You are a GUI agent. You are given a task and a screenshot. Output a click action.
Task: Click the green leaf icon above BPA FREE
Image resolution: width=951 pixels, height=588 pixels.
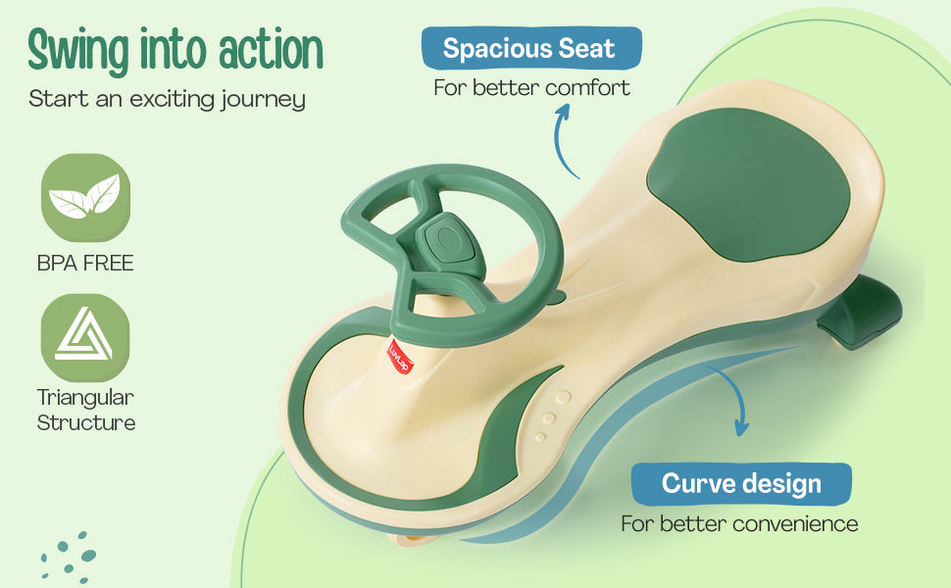pos(85,197)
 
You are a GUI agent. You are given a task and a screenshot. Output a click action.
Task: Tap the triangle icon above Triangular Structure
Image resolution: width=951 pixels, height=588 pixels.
pos(85,337)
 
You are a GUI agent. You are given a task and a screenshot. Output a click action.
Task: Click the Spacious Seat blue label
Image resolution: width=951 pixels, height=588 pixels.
pos(531,48)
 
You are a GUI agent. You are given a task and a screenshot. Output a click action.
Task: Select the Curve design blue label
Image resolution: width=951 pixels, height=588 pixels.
pos(741,484)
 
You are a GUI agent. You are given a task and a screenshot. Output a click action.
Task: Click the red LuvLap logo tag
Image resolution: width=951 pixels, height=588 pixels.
pos(400,355)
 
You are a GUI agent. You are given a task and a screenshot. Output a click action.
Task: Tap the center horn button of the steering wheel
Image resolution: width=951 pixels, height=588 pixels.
pos(448,237)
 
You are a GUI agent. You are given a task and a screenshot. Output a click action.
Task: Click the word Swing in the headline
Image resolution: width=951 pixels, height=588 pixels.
pos(78,51)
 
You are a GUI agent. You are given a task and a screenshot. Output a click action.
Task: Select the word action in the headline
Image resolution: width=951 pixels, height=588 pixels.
pos(271,50)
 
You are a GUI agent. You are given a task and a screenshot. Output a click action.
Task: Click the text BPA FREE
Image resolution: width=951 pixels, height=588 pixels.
pos(85,263)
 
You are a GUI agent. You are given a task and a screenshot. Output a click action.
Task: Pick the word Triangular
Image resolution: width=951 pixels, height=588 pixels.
pos(85,398)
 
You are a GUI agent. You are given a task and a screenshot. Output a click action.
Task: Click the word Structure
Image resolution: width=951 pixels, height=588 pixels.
pos(85,422)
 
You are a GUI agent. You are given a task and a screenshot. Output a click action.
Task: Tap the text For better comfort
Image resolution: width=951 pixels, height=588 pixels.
pos(532,88)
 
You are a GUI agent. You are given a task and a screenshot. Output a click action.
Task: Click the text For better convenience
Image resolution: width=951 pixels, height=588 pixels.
pos(739,523)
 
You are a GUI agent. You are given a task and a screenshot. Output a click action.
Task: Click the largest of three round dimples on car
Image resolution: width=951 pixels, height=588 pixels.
pos(564,397)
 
